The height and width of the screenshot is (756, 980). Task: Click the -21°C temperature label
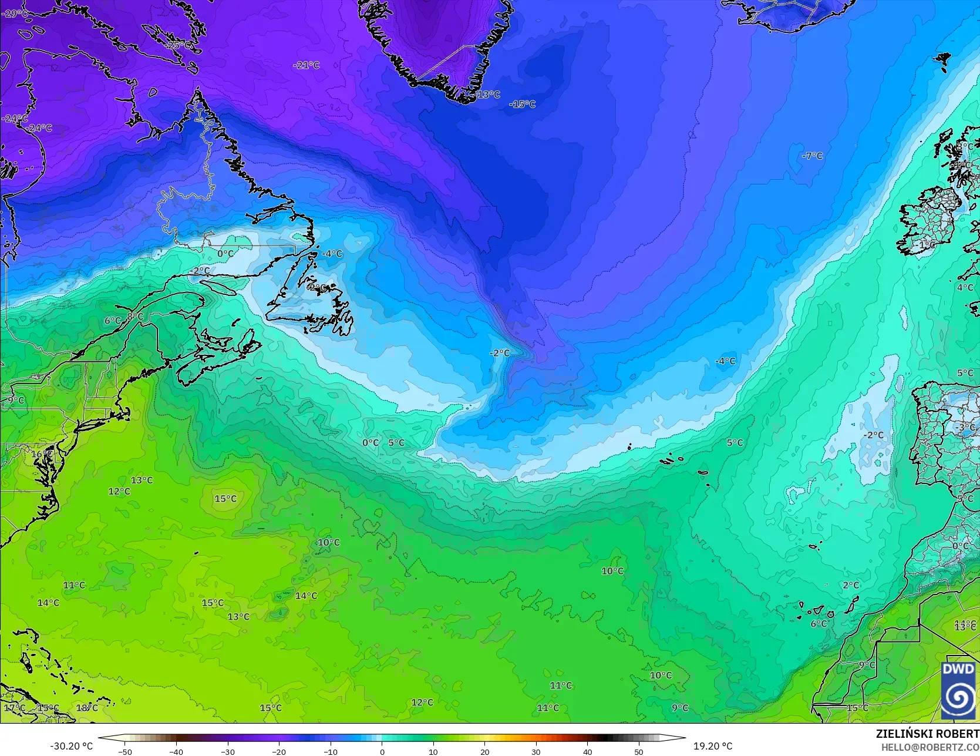pyautogui.click(x=307, y=65)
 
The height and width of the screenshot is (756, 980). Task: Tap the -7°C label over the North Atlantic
pyautogui.click(x=813, y=156)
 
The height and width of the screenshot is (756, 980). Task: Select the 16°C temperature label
pyautogui.click(x=42, y=454)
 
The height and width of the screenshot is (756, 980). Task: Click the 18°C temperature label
pyautogui.click(x=87, y=708)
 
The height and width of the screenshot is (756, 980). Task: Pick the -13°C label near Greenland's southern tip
pyautogui.click(x=487, y=95)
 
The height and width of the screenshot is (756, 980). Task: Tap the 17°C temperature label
pyautogui.click(x=15, y=708)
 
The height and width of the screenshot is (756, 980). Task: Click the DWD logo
pyautogui.click(x=958, y=690)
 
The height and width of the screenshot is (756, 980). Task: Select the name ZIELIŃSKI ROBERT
pyautogui.click(x=927, y=734)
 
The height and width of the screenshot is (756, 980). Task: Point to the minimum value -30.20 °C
pyautogui.click(x=72, y=746)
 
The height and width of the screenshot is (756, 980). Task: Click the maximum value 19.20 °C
pyautogui.click(x=713, y=746)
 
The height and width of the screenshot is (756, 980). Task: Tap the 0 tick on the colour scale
pyautogui.click(x=382, y=751)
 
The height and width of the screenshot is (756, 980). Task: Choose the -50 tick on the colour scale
pyautogui.click(x=124, y=751)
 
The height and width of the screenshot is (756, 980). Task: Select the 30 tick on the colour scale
pyautogui.click(x=536, y=751)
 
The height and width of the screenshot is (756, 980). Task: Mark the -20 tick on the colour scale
pyautogui.click(x=279, y=751)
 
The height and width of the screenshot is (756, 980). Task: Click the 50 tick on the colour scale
pyautogui.click(x=638, y=751)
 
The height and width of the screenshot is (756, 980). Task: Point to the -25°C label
pyautogui.click(x=179, y=45)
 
